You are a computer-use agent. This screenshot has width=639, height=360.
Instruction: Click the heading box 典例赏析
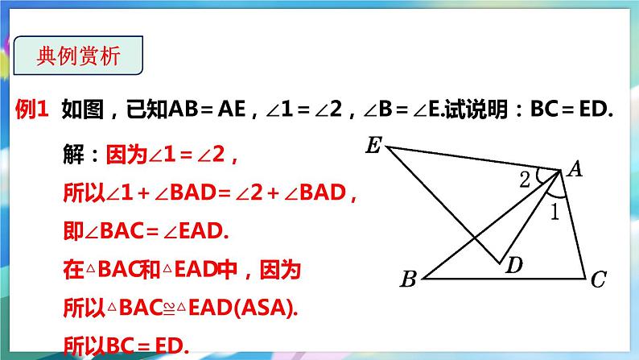point(79,56)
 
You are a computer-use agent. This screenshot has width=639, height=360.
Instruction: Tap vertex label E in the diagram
point(373,146)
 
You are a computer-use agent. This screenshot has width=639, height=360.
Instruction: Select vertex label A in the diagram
point(575,168)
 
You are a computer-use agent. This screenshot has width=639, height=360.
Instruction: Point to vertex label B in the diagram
point(408,280)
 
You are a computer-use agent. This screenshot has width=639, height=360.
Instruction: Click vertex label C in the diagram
point(598,280)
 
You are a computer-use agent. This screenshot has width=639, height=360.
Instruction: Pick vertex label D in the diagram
point(513,267)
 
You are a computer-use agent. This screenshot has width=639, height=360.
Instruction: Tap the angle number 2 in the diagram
point(524,180)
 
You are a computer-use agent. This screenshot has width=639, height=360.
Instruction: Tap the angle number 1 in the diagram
point(554,213)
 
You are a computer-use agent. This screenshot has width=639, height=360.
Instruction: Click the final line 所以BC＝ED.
point(125,346)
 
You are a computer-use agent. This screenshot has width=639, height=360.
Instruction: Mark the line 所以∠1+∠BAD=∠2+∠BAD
point(209,193)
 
